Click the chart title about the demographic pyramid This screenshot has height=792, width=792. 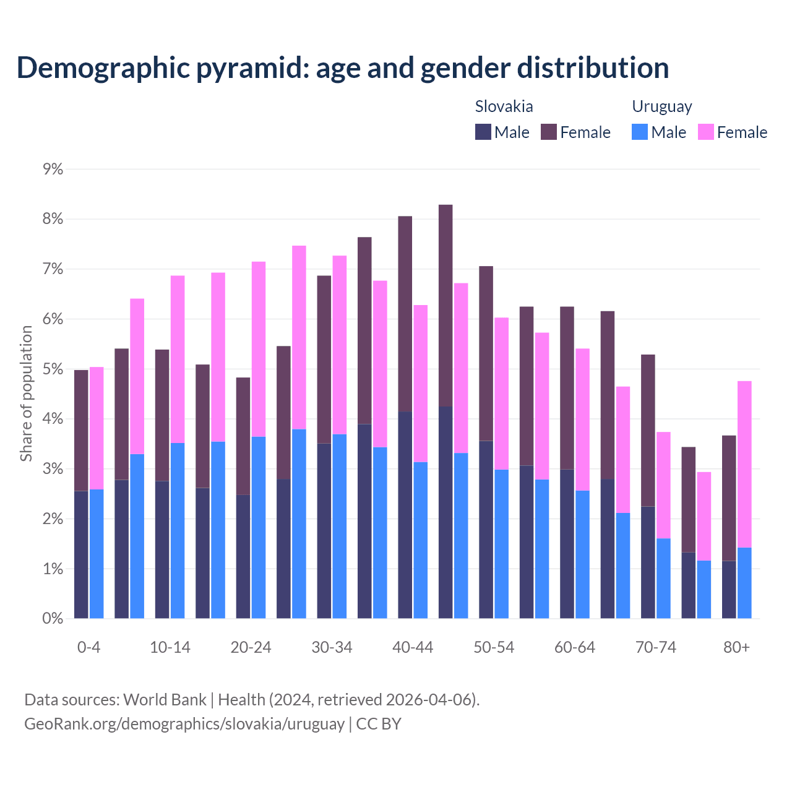(342, 67)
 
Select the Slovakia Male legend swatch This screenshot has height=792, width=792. (483, 132)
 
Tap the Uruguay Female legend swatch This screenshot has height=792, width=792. (705, 132)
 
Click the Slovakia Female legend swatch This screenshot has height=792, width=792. (549, 132)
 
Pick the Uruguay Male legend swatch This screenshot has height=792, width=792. (640, 132)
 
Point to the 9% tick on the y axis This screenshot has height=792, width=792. (53, 169)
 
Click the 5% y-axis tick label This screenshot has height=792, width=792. (53, 369)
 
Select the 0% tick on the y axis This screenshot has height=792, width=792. (53, 618)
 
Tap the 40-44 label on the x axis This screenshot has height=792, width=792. (413, 647)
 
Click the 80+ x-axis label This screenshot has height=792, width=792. (736, 647)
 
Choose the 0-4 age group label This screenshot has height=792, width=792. (88, 647)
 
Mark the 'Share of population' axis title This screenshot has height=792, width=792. (26, 394)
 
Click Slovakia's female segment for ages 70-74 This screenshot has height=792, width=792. (648, 430)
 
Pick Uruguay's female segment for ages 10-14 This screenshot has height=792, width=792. (178, 359)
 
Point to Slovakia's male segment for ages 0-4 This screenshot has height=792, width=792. (81, 554)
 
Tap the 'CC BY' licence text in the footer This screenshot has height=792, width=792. (379, 723)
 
